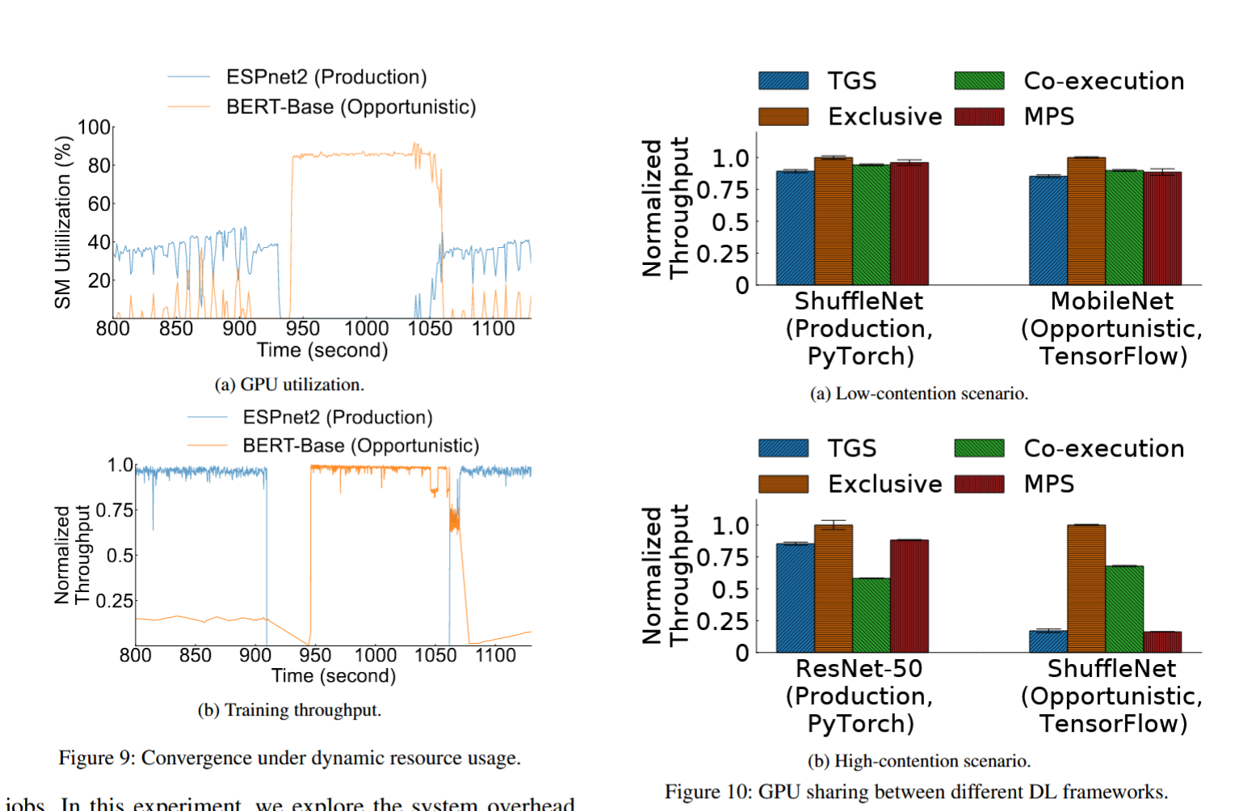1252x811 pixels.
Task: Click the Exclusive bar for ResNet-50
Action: click(x=833, y=588)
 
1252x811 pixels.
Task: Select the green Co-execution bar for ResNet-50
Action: click(x=871, y=615)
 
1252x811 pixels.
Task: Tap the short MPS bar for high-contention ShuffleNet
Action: click(x=1162, y=641)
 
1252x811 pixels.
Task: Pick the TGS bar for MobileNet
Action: click(x=1048, y=230)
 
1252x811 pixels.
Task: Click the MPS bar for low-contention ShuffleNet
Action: click(x=909, y=224)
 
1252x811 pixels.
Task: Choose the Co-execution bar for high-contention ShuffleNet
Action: click(x=1124, y=608)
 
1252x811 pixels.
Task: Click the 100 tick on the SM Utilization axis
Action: click(x=94, y=128)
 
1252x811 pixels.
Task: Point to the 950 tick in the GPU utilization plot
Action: click(x=302, y=329)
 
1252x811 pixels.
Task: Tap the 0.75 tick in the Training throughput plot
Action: click(x=115, y=511)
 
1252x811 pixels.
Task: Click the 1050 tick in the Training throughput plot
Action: click(x=435, y=655)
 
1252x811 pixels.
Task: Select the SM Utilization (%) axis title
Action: click(x=63, y=222)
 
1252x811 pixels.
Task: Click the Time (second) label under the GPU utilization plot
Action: click(x=322, y=351)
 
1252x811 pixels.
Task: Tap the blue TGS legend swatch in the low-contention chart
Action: click(x=783, y=81)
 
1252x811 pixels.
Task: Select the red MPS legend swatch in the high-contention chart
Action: click(x=979, y=484)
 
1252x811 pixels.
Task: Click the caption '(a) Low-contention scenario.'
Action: click(x=918, y=394)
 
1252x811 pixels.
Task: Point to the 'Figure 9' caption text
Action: click(x=289, y=758)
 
